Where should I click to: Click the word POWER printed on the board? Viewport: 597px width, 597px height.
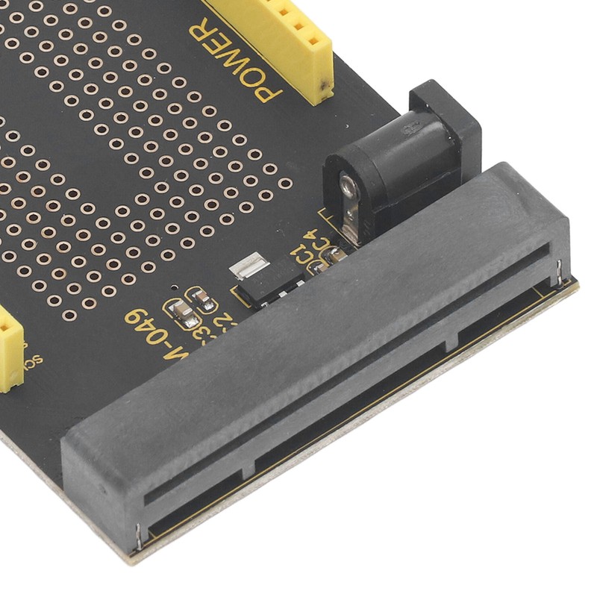234,60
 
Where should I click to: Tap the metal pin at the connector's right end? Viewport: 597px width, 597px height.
559,273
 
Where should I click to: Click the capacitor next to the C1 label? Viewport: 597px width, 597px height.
329,257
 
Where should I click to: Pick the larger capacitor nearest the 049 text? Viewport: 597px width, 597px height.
183,313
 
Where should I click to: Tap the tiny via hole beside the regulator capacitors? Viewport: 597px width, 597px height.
174,287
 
